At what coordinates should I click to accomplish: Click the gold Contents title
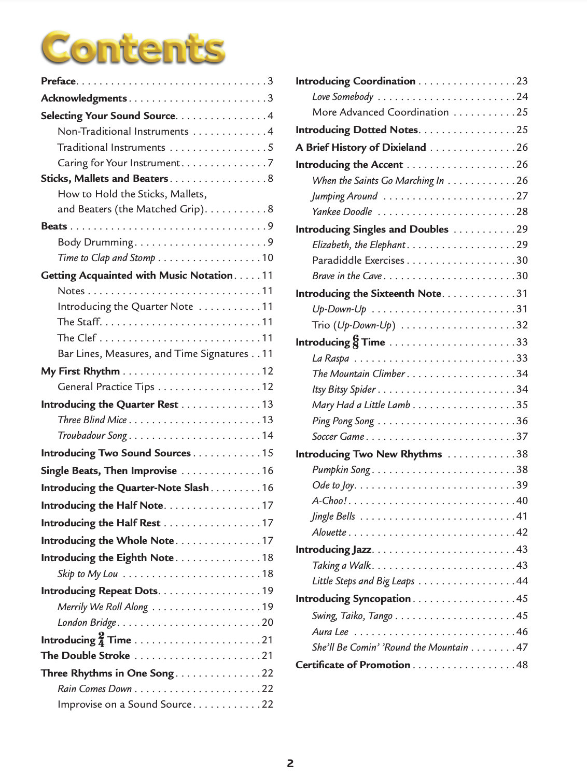pos(133,48)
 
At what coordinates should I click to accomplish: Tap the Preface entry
pos(59,81)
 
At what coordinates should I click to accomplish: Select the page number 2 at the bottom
pos(290,763)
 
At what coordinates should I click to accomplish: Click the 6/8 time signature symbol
pos(355,342)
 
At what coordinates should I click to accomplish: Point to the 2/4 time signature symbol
pos(101,640)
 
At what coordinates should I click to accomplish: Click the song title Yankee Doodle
pos(342,212)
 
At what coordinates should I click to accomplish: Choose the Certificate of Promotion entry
pos(353,665)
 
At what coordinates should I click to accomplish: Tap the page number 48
pos(522,665)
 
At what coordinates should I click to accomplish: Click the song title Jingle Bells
pos(333,516)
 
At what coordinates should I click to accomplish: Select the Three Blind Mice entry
pos(92,420)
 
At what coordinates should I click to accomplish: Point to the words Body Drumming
pos(95,242)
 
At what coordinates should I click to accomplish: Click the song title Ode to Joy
pos(333,485)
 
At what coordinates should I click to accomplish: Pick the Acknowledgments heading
pos(84,98)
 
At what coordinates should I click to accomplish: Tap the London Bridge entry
pos(87,623)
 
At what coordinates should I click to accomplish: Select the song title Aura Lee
pos(330,632)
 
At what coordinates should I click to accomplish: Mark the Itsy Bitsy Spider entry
pos(344,390)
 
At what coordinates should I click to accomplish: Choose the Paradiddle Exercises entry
pos(358,261)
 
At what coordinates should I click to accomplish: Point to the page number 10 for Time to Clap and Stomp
pos(267,258)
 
